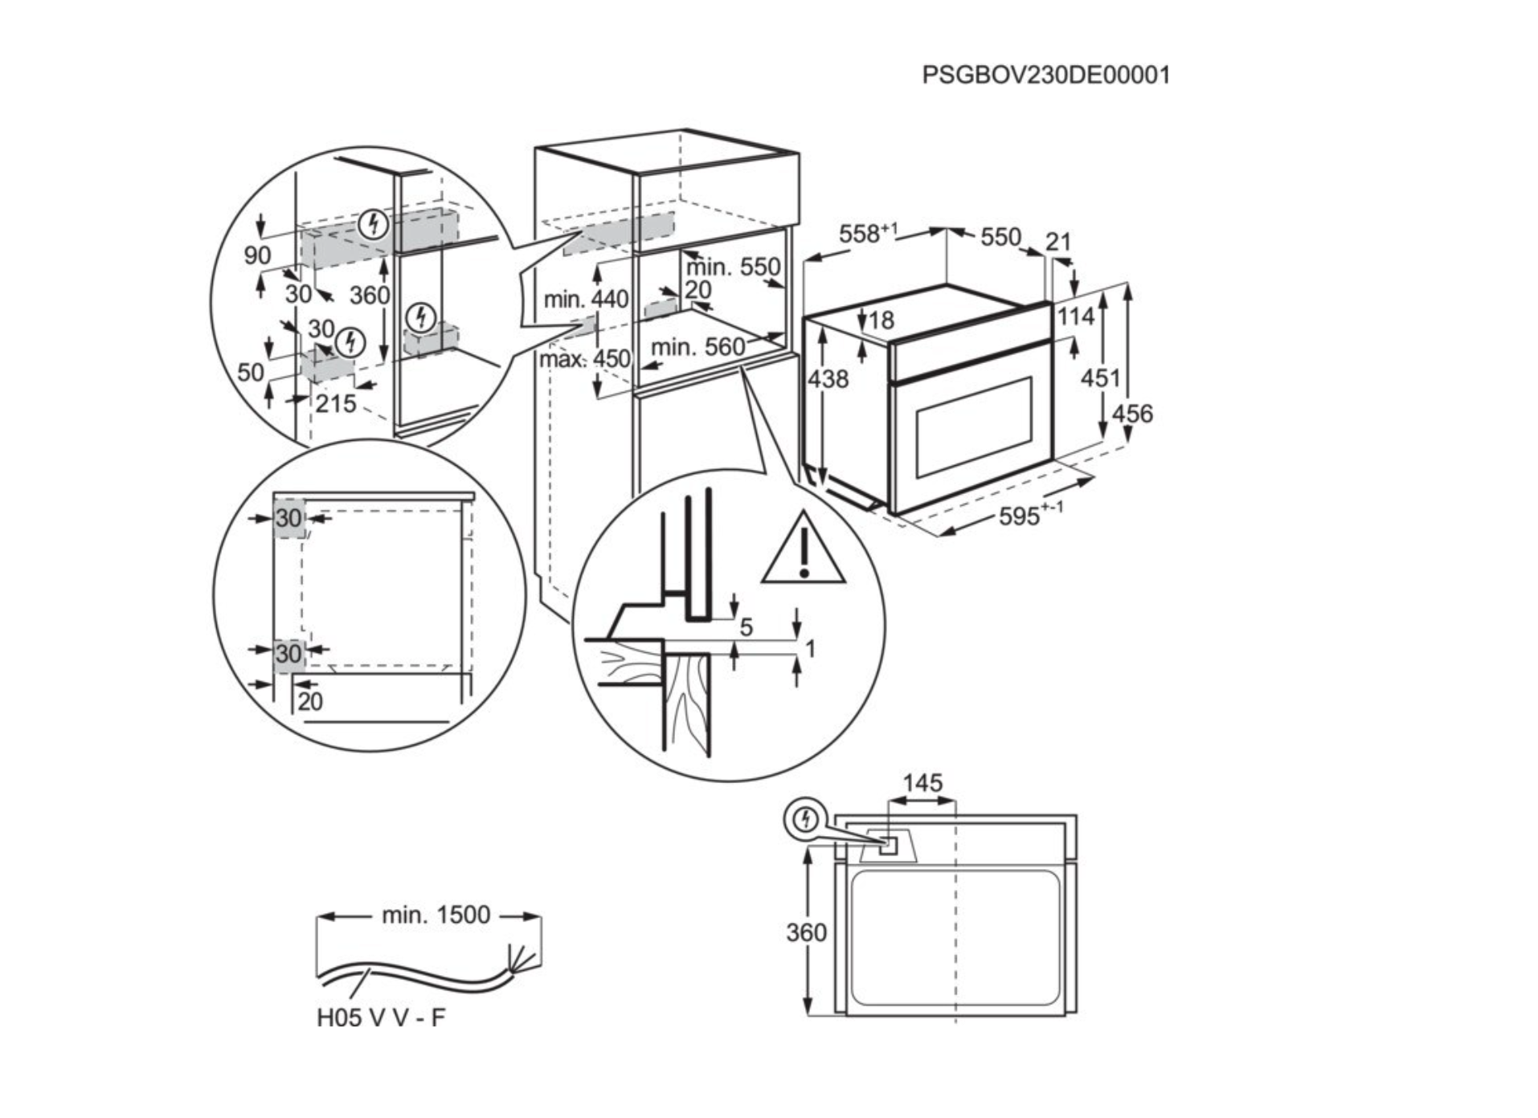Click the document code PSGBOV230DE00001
(1045, 75)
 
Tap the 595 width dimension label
(1029, 515)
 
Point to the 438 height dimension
(828, 378)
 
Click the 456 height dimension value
(1131, 414)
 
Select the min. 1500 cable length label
(436, 915)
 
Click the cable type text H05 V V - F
(380, 1018)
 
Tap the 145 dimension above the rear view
(922, 783)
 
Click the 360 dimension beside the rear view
(805, 932)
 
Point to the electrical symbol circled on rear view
(806, 819)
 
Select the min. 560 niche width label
(697, 348)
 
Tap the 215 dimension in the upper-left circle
(335, 403)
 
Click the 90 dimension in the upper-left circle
(257, 255)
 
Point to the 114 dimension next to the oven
(1075, 316)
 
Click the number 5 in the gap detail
(746, 627)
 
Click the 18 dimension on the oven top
(881, 320)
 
